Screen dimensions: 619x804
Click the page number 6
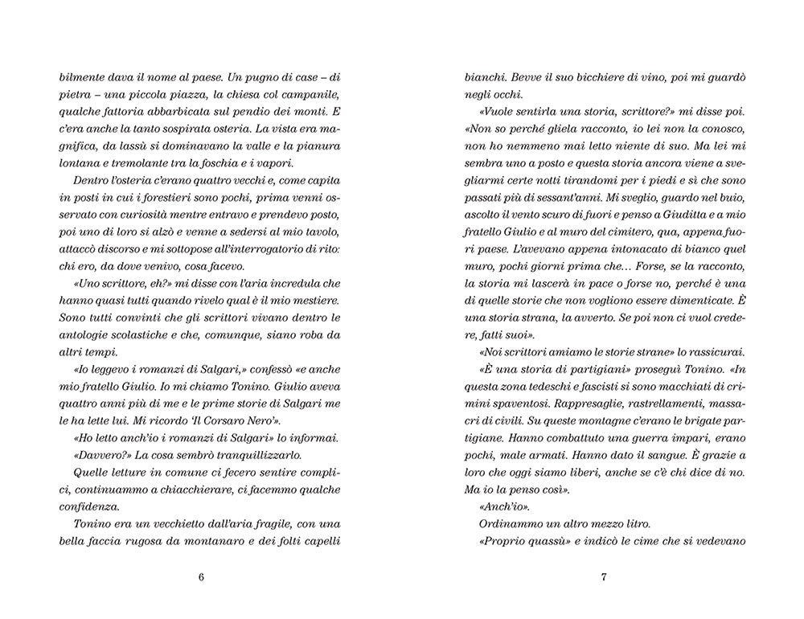[x=201, y=577]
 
